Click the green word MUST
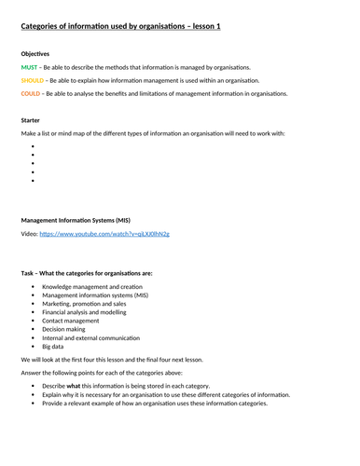click(x=29, y=67)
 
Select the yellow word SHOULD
click(x=33, y=81)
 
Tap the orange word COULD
click(x=31, y=94)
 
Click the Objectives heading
click(x=36, y=53)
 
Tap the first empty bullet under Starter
click(x=33, y=146)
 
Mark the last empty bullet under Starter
click(x=33, y=181)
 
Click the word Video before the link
click(x=28, y=234)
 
